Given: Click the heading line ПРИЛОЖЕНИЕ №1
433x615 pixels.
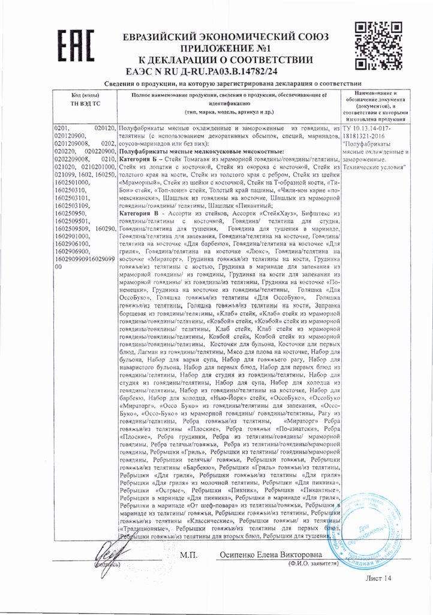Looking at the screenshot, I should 225,48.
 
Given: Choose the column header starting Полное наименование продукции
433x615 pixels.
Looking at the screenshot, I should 230,104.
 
